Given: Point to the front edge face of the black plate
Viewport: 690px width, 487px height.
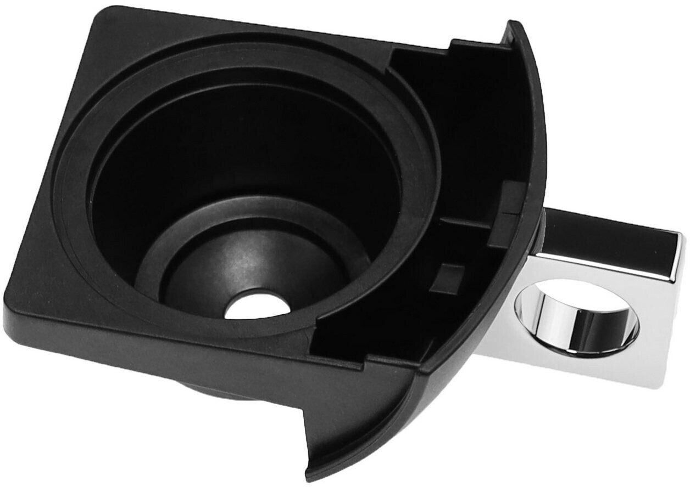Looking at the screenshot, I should pos(165,351).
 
